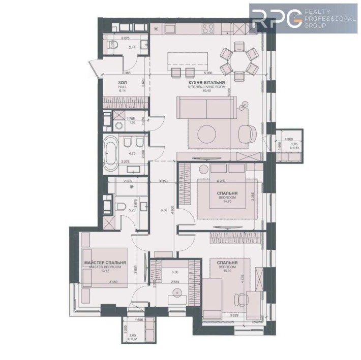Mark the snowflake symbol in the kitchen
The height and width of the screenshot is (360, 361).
click(156, 28)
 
